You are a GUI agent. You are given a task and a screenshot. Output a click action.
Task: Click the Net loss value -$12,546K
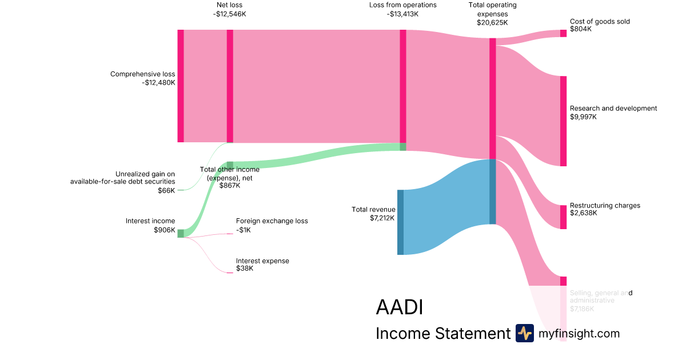click(x=229, y=14)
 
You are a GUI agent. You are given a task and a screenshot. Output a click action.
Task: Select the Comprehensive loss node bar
click(x=181, y=86)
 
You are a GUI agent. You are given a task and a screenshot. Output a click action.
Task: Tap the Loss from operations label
click(x=402, y=5)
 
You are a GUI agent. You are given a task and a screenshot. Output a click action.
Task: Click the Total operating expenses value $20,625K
click(x=492, y=23)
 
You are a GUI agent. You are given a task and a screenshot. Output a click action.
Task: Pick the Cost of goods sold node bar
click(x=563, y=33)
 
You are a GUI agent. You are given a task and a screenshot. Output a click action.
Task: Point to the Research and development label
click(x=613, y=109)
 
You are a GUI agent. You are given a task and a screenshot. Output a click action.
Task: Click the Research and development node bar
click(x=563, y=121)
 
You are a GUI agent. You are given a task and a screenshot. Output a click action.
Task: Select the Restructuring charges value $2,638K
click(x=583, y=213)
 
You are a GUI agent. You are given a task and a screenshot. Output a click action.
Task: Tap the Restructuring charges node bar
click(x=563, y=217)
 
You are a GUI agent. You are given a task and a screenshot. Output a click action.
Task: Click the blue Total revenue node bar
click(x=400, y=222)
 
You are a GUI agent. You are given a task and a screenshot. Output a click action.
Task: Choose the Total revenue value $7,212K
click(x=382, y=218)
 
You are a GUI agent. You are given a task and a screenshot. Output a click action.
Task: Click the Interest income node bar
click(x=181, y=233)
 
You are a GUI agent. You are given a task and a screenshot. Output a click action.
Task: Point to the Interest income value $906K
click(x=164, y=230)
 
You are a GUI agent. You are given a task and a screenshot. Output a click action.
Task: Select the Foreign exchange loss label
click(x=272, y=221)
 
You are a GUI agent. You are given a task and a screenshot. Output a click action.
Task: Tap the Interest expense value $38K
click(x=245, y=269)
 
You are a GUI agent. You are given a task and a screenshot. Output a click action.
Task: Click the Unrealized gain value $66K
click(x=166, y=190)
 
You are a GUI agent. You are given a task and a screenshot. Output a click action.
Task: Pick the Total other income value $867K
click(x=229, y=185)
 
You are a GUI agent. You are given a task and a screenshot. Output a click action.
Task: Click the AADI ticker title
click(x=399, y=307)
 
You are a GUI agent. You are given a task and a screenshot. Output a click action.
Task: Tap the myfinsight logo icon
click(x=524, y=333)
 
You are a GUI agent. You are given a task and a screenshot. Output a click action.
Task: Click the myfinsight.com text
click(x=579, y=334)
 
